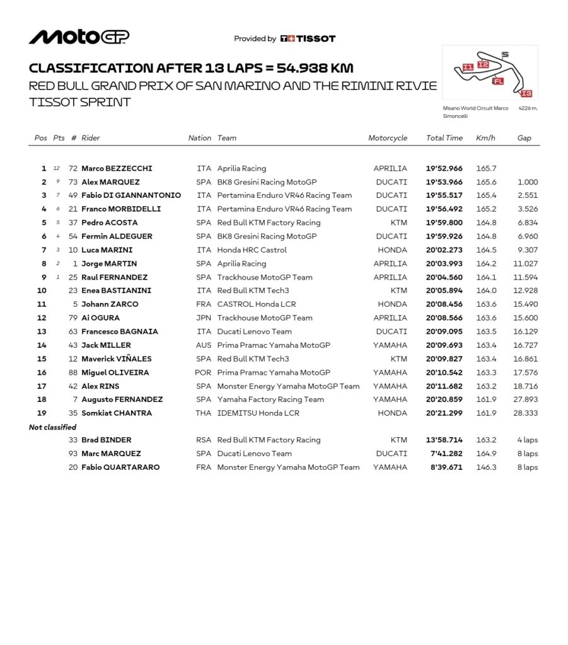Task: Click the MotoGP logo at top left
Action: [79, 37]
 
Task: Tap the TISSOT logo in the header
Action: [308, 38]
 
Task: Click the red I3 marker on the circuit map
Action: [526, 93]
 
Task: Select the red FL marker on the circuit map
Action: [498, 81]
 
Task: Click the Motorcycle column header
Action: [388, 138]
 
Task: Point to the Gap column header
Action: [524, 138]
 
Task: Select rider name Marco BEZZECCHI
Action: [117, 168]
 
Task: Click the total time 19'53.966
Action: [444, 182]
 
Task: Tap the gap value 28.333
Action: [525, 413]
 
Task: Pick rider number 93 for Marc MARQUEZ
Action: [73, 454]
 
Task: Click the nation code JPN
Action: [203, 318]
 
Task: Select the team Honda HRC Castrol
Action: [252, 250]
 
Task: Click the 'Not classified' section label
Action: [52, 427]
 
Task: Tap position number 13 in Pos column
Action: [42, 331]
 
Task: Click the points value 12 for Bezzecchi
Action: [57, 169]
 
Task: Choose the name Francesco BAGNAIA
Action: [120, 331]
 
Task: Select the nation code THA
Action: [203, 413]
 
